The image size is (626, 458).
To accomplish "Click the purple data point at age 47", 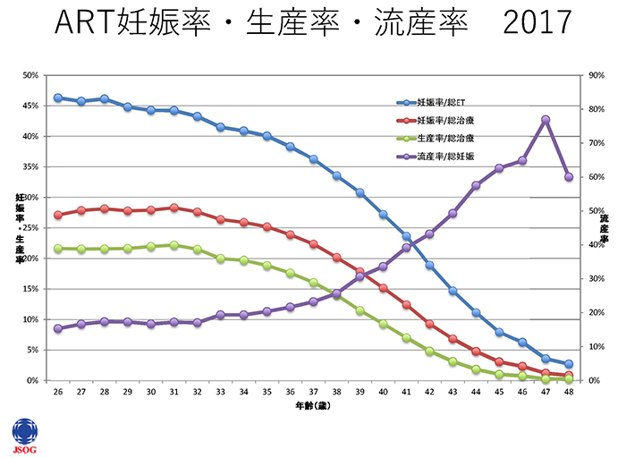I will coord(545,120).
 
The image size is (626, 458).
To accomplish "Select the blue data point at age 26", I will coord(58,98).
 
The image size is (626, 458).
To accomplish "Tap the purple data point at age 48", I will coord(568,177).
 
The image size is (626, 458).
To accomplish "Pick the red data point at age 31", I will coord(173,208).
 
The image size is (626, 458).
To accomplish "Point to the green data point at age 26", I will coord(58,249).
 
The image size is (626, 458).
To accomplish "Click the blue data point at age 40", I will coord(383,215).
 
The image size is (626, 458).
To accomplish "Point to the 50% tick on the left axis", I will coord(30,75).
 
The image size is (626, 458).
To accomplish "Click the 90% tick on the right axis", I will coord(595,75).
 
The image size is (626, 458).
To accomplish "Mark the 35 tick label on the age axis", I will coord(266,393).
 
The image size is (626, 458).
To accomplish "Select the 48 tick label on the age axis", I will coord(568,393).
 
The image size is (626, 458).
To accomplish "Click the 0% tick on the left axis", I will coord(32,380).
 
